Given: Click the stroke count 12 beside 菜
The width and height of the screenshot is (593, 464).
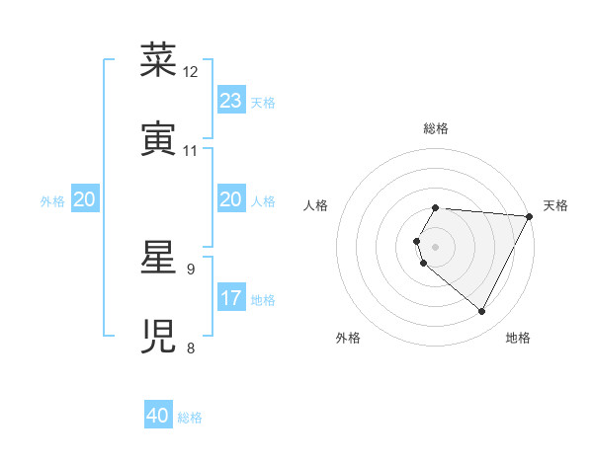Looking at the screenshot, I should pyautogui.click(x=191, y=72).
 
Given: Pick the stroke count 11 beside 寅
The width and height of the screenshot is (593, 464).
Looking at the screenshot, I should pyautogui.click(x=191, y=151).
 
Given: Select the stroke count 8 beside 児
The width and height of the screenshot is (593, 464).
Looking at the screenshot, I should pyautogui.click(x=191, y=348).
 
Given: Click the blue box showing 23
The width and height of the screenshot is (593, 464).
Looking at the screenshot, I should pyautogui.click(x=231, y=101).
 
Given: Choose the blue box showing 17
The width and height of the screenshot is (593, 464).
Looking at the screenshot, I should pyautogui.click(x=231, y=298).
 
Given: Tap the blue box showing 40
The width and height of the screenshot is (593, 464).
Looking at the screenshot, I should pyautogui.click(x=158, y=416).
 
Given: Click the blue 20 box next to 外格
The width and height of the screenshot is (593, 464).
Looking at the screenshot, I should pyautogui.click(x=85, y=199).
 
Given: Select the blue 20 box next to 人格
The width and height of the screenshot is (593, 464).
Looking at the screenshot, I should pyautogui.click(x=231, y=199).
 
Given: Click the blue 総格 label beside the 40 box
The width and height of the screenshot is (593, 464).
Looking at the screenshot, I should pyautogui.click(x=190, y=418).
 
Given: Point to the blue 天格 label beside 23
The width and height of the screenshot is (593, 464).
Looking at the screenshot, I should pyautogui.click(x=263, y=103).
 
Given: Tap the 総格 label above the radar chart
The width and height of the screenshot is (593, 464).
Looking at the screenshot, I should pyautogui.click(x=435, y=128).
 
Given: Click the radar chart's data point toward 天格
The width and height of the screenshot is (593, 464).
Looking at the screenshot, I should pyautogui.click(x=529, y=216).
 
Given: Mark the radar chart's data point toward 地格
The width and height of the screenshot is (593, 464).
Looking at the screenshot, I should pyautogui.click(x=482, y=312).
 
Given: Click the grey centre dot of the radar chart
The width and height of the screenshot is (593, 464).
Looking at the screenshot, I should pyautogui.click(x=435, y=247).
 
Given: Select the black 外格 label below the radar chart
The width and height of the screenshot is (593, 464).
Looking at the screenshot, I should pyautogui.click(x=348, y=338).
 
